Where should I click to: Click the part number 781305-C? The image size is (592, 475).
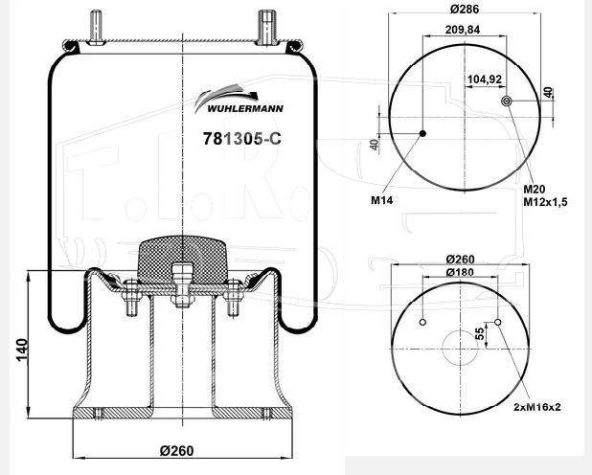coord(242,139)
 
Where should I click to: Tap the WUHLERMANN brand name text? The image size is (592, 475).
coord(245,109)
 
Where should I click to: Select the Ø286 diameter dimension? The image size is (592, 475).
coord(465,9)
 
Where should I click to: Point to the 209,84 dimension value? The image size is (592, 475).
coord(463,30)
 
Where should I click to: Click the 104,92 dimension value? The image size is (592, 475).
coord(485,79)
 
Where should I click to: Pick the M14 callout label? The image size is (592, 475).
coord(381,200)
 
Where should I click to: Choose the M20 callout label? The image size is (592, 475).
coord(534,190)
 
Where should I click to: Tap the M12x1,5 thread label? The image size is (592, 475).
coord(545,202)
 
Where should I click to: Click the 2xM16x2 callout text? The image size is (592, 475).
coord(536,407)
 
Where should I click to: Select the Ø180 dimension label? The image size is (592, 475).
coord(460,272)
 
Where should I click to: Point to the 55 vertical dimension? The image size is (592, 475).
coord(480,334)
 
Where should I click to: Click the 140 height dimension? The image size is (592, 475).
coord(22,350)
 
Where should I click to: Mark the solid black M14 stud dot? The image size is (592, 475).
coord(422,133)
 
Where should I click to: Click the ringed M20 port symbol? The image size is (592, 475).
coord(506,101)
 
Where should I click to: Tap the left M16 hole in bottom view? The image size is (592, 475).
coord(422,322)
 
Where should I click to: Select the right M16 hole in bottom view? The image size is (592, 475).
coord(498,322)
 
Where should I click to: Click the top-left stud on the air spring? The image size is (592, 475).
coord(97,28)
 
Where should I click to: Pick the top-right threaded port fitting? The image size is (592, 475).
coord(267,27)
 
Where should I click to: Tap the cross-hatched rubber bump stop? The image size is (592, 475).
coord(182,259)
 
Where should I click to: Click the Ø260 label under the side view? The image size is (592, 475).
coord(176,450)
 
